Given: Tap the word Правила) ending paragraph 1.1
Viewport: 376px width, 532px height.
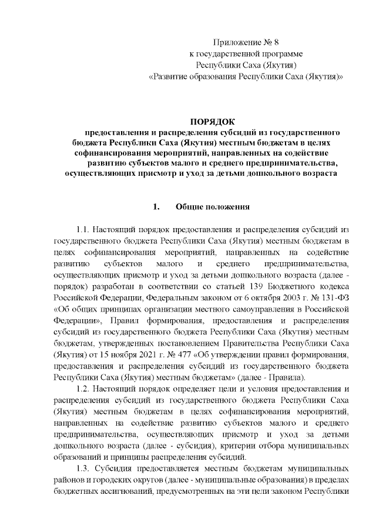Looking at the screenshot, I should click(x=288, y=377).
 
